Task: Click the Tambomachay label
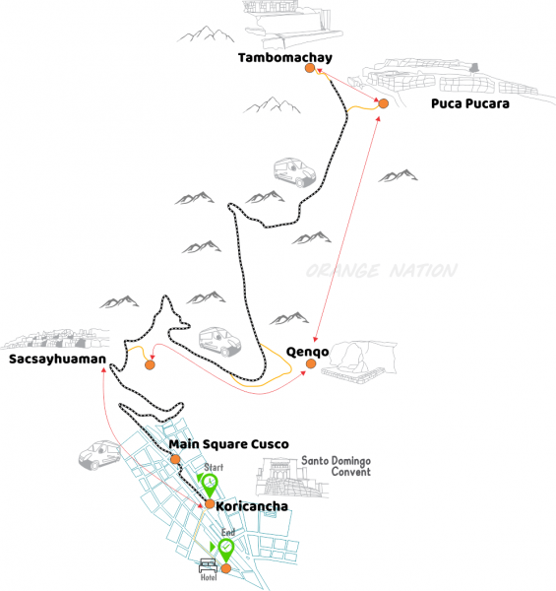285,58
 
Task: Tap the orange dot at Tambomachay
310,68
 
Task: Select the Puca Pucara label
470,103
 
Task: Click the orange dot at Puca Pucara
383,103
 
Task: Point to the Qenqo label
308,352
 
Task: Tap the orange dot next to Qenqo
311,363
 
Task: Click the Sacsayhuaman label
57,360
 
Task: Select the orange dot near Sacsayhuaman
150,364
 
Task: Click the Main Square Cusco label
228,444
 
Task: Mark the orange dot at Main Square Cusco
175,459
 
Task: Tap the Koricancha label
252,506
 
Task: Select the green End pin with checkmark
226,551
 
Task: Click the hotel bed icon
209,565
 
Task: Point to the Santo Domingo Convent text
336,466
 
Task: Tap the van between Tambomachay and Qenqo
295,172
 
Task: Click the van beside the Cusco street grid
99,455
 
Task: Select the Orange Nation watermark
382,271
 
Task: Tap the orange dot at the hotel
225,568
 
